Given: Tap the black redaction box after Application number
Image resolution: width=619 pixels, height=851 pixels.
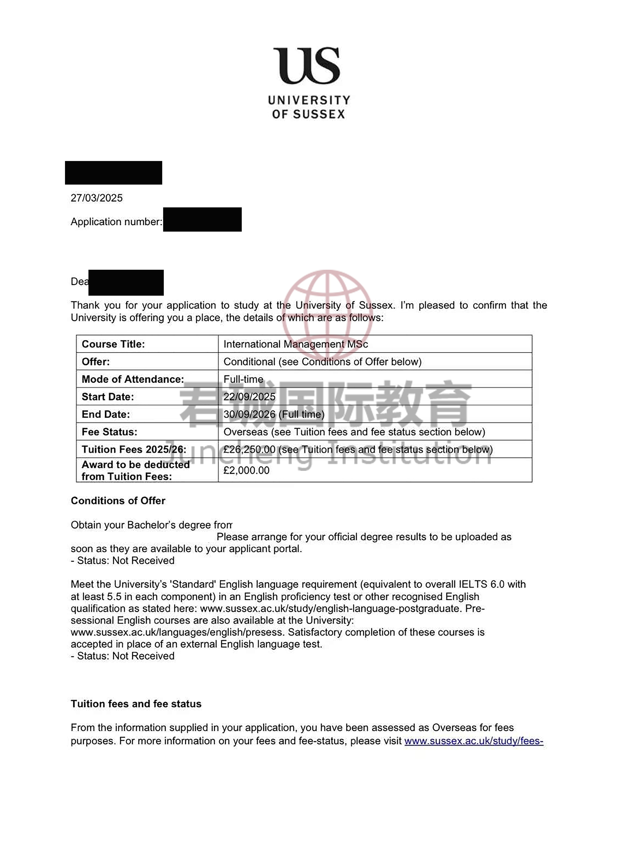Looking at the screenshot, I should tap(202, 220).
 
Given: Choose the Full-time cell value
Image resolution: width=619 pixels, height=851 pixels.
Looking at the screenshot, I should tap(243, 379).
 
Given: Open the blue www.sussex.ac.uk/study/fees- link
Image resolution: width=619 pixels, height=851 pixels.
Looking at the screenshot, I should tap(474, 741).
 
